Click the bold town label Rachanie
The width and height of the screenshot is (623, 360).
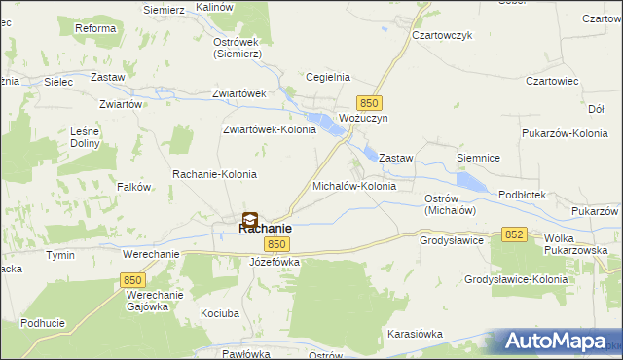[x=265, y=229]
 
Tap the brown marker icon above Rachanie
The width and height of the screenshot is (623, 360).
[x=250, y=220]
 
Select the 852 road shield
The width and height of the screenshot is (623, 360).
[x=515, y=234]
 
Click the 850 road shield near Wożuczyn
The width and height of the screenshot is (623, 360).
[x=368, y=102]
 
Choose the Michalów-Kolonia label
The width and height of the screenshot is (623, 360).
[x=353, y=185]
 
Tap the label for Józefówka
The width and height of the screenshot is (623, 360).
[x=275, y=263]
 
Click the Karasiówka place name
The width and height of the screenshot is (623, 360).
[x=415, y=334]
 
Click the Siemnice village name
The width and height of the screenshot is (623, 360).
[x=478, y=156]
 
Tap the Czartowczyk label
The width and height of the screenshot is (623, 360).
[x=442, y=35]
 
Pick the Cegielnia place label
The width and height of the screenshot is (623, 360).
[x=328, y=77]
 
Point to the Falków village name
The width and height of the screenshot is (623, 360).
[x=133, y=186]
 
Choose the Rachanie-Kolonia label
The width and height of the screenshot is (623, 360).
[x=214, y=174]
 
